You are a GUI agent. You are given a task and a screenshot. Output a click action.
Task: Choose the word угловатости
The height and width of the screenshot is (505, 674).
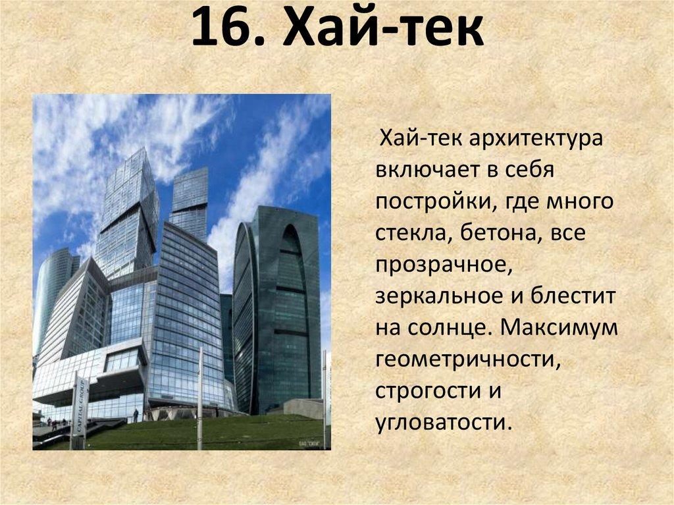(443, 420)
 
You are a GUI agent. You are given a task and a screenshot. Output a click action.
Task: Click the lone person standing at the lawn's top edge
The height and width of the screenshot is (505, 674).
(136, 415)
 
